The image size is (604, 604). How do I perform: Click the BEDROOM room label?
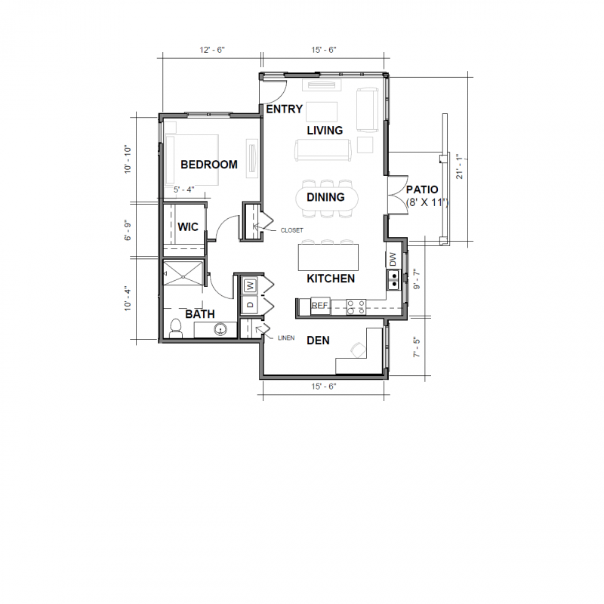pyautogui.click(x=208, y=165)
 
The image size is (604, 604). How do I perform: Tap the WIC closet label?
pyautogui.click(x=188, y=226)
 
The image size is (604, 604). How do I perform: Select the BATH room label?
pyautogui.click(x=200, y=314)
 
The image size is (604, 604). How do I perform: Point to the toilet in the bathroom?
pyautogui.click(x=176, y=328)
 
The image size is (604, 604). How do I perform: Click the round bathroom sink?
pyautogui.click(x=221, y=329)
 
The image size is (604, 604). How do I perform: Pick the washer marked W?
pyautogui.click(x=250, y=286)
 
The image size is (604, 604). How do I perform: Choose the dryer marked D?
pyautogui.click(x=250, y=304)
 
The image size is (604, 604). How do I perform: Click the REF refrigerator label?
pyautogui.click(x=320, y=306)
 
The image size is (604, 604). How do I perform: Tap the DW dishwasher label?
pyautogui.click(x=393, y=259)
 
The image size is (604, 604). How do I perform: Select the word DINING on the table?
pyautogui.click(x=325, y=198)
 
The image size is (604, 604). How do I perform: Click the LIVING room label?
pyautogui.click(x=325, y=131)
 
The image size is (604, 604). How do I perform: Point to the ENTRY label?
pyautogui.click(x=285, y=109)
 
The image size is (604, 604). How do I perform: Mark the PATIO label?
pyautogui.click(x=421, y=190)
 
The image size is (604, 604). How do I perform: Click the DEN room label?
pyautogui.click(x=318, y=341)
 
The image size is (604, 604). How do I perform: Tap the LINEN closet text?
pyautogui.click(x=285, y=338)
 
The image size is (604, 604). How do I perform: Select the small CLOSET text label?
pyautogui.click(x=291, y=230)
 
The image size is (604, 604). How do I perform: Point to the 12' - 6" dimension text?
pyautogui.click(x=212, y=50)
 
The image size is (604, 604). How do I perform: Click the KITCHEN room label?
pyautogui.click(x=331, y=279)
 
